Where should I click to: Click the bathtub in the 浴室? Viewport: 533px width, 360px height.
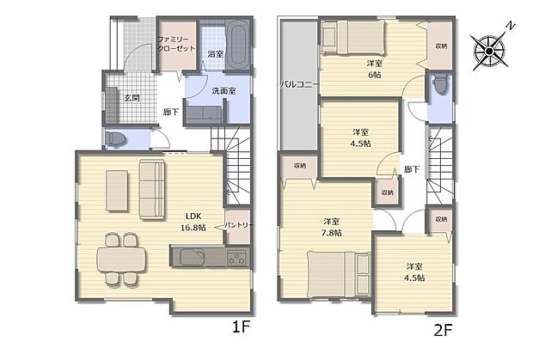click(237, 45)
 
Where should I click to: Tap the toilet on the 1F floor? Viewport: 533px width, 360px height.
click(115, 139)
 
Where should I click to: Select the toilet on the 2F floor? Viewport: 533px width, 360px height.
click(440, 83)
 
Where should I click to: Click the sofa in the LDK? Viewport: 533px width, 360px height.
click(152, 190)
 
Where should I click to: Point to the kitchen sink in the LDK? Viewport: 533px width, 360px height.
click(193, 257)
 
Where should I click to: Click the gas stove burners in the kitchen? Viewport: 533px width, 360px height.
click(237, 258)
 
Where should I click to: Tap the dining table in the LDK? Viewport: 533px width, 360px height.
click(121, 259)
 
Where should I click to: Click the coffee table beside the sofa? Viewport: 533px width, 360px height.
click(117, 191)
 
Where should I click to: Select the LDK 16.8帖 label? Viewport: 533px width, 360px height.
click(193, 222)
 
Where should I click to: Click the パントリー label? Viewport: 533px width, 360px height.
click(239, 225)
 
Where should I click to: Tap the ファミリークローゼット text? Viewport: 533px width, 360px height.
click(176, 44)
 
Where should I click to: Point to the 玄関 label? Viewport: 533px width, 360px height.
click(132, 98)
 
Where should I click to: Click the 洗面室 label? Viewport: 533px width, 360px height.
click(224, 91)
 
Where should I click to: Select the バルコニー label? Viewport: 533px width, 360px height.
click(299, 84)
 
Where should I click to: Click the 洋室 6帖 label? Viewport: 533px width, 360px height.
click(374, 69)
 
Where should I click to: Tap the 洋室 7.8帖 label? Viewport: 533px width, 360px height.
click(332, 227)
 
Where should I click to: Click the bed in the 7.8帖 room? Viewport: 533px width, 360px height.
click(339, 274)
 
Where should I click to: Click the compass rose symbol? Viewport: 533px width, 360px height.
click(489, 51)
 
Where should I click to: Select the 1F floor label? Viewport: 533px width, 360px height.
click(241, 327)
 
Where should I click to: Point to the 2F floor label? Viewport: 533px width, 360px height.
click(443, 329)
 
